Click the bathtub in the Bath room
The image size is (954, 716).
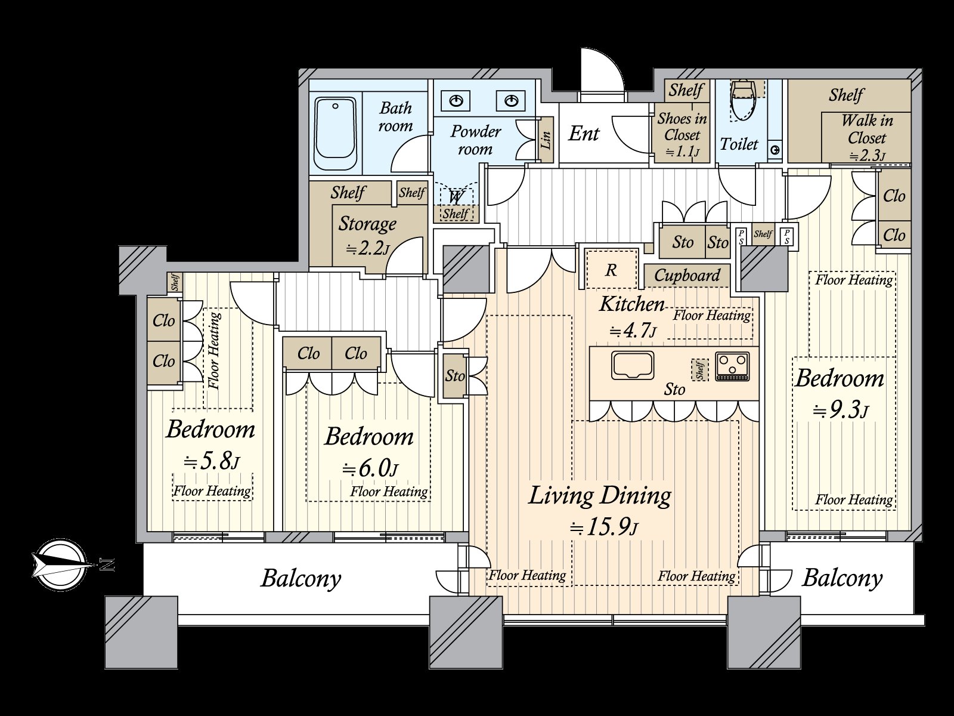335,134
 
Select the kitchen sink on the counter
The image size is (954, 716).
632,365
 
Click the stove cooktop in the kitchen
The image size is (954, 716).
732,366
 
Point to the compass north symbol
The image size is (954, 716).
60,564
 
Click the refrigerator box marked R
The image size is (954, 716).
611,270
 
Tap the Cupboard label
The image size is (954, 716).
687,276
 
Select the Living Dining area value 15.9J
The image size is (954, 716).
603,527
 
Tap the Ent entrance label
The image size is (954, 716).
583,134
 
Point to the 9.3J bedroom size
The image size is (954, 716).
840,410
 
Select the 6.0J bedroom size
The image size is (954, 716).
370,468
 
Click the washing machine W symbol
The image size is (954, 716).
456,197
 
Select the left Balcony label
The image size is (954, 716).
301,578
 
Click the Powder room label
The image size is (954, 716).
475,140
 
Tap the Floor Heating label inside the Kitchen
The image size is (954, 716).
711,315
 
